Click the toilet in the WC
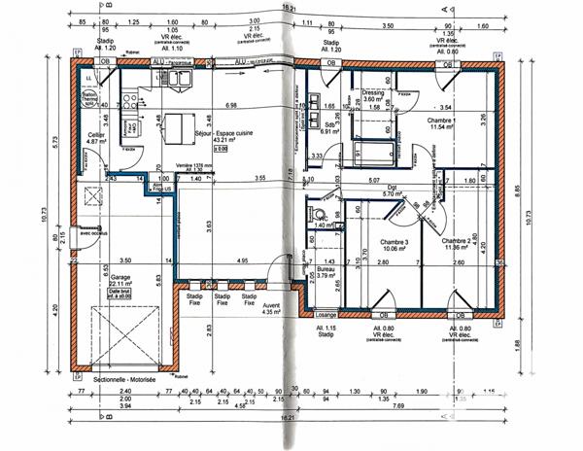pos(314,214)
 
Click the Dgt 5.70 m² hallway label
pos(393,191)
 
